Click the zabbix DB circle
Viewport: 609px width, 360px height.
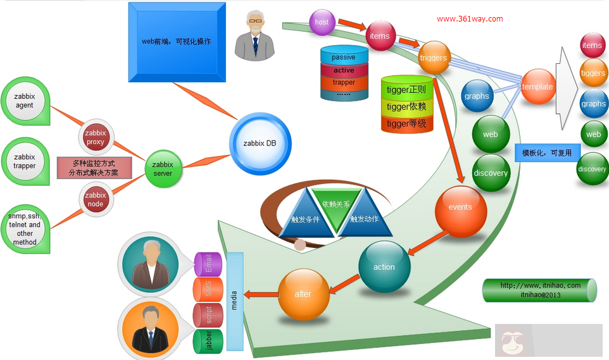[x=260, y=144]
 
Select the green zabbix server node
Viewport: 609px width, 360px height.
[x=163, y=169]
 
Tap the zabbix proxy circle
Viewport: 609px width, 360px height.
[x=96, y=137]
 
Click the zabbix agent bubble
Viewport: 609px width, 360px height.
[x=25, y=101]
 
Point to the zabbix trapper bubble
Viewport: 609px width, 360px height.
[x=25, y=161]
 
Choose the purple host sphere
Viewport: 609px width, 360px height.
[x=322, y=22]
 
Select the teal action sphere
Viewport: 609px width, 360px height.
[x=384, y=267]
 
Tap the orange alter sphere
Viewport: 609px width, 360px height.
[x=303, y=294]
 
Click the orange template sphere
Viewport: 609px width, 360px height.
[x=537, y=87]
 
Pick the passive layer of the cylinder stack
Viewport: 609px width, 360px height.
[x=344, y=57]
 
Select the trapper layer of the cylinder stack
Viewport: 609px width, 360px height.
[x=344, y=82]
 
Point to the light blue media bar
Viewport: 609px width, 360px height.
[x=234, y=301]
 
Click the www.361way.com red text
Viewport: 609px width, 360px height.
[x=470, y=19]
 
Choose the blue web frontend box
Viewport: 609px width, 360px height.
[x=177, y=42]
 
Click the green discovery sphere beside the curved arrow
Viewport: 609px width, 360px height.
[x=491, y=173]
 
